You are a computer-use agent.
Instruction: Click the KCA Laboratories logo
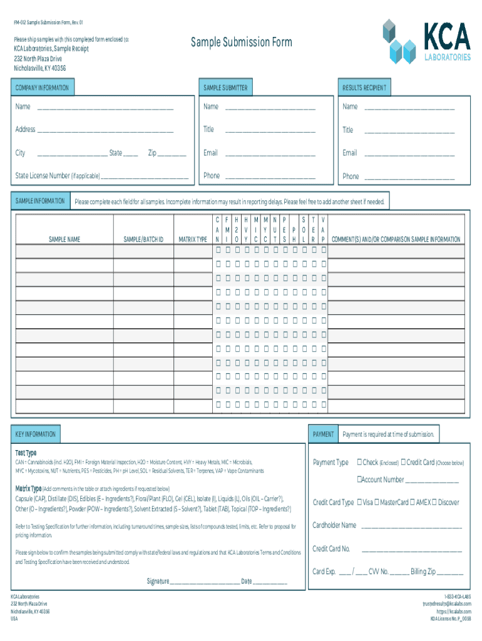[x=426, y=41]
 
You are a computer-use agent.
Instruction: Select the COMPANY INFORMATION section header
[x=42, y=88]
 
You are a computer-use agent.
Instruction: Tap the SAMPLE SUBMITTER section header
[x=225, y=88]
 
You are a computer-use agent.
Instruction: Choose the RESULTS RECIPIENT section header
[x=364, y=88]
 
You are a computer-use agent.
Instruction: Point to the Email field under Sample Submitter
[x=270, y=154]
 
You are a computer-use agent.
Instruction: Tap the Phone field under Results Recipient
[x=409, y=178]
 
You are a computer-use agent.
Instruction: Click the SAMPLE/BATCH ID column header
[x=143, y=239]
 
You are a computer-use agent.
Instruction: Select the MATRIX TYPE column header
[x=193, y=239]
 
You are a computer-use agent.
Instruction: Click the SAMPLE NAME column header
[x=64, y=239]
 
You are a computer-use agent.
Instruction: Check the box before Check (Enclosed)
[x=359, y=463]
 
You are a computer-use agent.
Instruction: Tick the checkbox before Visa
[x=359, y=503]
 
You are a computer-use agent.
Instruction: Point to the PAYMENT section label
[x=323, y=434]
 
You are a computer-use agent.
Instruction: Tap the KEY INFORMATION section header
[x=36, y=434]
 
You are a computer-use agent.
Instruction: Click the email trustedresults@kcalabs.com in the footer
[x=446, y=604]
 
